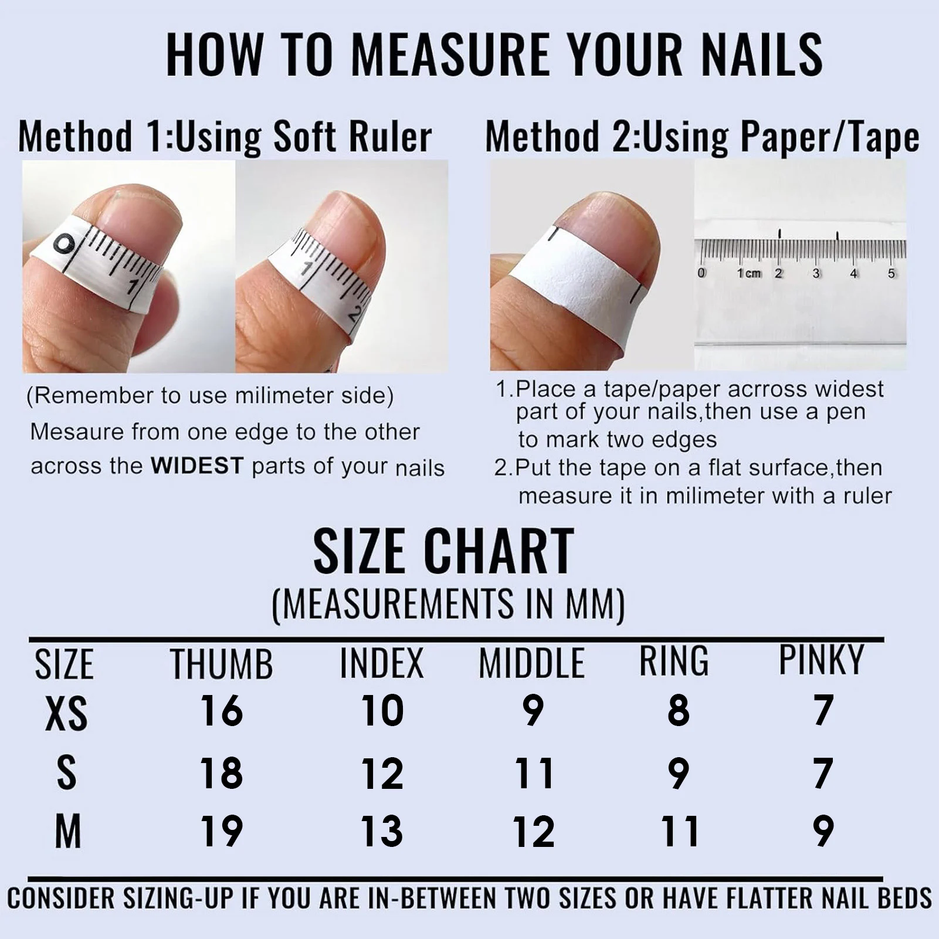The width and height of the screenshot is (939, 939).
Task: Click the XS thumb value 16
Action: (x=222, y=710)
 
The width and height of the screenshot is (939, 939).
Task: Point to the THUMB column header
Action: (x=222, y=664)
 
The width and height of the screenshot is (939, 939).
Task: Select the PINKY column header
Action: (x=821, y=660)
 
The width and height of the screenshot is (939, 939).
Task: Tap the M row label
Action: (x=67, y=832)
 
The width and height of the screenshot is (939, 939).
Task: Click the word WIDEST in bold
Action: (x=196, y=466)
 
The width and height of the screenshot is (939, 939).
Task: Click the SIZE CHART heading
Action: (x=443, y=551)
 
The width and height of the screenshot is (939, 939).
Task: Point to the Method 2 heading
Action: (x=701, y=137)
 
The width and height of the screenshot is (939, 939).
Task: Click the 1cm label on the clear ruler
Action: (x=748, y=273)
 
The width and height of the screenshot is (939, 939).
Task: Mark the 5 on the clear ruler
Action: (x=891, y=273)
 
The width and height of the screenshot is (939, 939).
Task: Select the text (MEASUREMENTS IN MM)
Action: (x=449, y=604)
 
